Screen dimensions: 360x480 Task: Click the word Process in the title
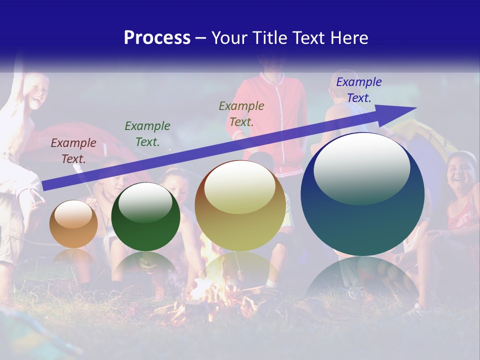(157, 37)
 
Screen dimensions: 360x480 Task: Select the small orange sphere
(73, 225)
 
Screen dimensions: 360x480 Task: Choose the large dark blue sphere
(362, 210)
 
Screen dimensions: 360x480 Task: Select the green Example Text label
(147, 134)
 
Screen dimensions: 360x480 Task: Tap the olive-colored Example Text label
(241, 113)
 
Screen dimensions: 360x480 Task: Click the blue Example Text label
(358, 90)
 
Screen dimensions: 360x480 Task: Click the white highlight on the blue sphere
(361, 167)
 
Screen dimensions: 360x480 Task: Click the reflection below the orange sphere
(73, 257)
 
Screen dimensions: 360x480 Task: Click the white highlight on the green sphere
(145, 202)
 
